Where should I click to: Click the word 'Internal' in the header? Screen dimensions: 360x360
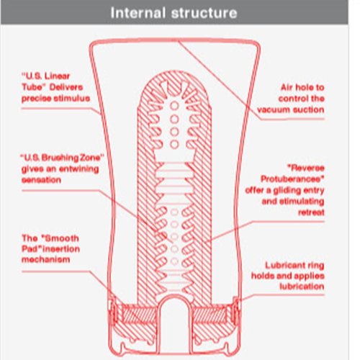pos(138,13)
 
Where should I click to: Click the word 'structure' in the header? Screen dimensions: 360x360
pos(204,14)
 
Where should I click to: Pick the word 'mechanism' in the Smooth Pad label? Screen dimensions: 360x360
pos(45,259)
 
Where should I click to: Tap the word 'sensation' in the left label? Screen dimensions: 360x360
pos(41,180)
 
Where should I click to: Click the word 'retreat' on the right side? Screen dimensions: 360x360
pos(311,212)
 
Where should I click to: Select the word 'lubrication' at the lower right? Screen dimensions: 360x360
pos(302,287)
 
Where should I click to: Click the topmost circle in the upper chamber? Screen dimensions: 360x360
pos(174,106)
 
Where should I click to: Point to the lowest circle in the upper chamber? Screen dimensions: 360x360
pos(174,145)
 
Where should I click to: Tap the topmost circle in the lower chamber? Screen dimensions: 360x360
pos(174,212)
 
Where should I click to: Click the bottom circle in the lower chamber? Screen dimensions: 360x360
pos(174,261)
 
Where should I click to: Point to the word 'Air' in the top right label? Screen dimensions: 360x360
pos(286,87)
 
